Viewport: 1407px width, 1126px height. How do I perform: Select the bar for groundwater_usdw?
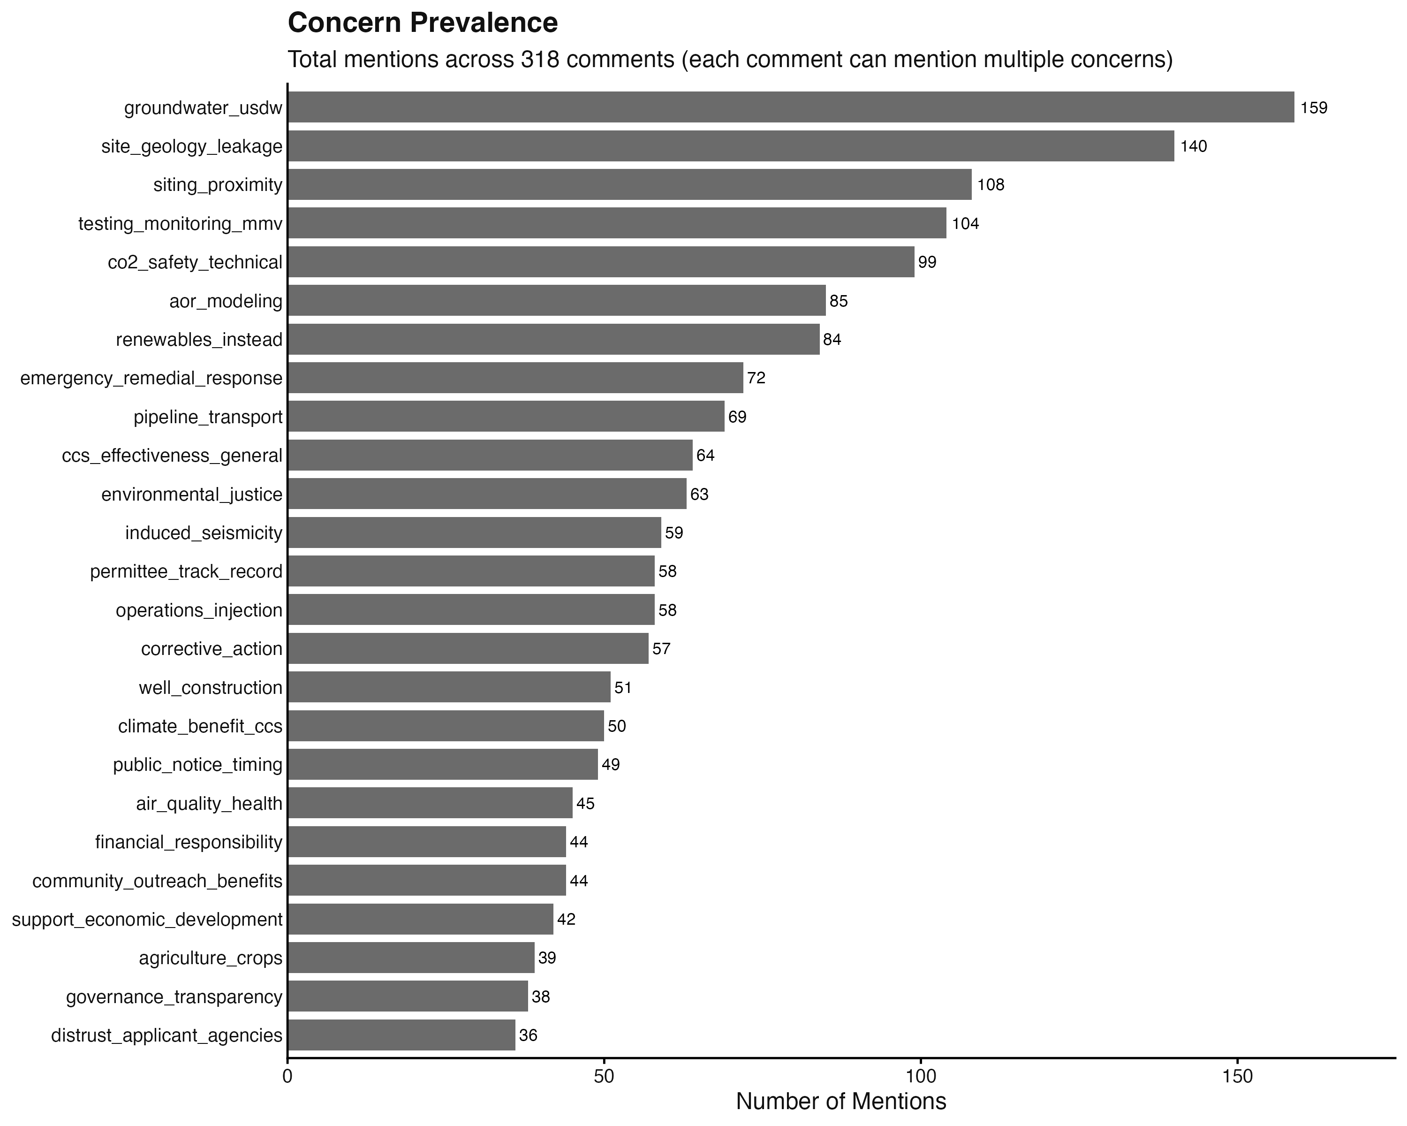pyautogui.click(x=790, y=107)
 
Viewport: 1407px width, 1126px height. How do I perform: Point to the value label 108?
pyautogui.click(x=990, y=185)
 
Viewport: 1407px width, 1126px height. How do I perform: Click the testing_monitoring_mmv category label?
pyautogui.click(x=180, y=224)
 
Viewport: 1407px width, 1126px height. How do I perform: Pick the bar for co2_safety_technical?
pyautogui.click(x=600, y=262)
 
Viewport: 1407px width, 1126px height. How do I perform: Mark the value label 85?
pyautogui.click(x=839, y=301)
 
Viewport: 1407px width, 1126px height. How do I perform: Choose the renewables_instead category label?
pyautogui.click(x=199, y=339)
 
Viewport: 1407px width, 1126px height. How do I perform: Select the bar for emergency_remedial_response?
pyautogui.click(x=515, y=378)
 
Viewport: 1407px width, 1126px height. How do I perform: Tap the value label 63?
pyautogui.click(x=699, y=494)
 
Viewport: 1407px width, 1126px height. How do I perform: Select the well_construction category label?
pyautogui.click(x=210, y=687)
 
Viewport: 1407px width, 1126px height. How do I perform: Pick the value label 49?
pyautogui.click(x=610, y=764)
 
